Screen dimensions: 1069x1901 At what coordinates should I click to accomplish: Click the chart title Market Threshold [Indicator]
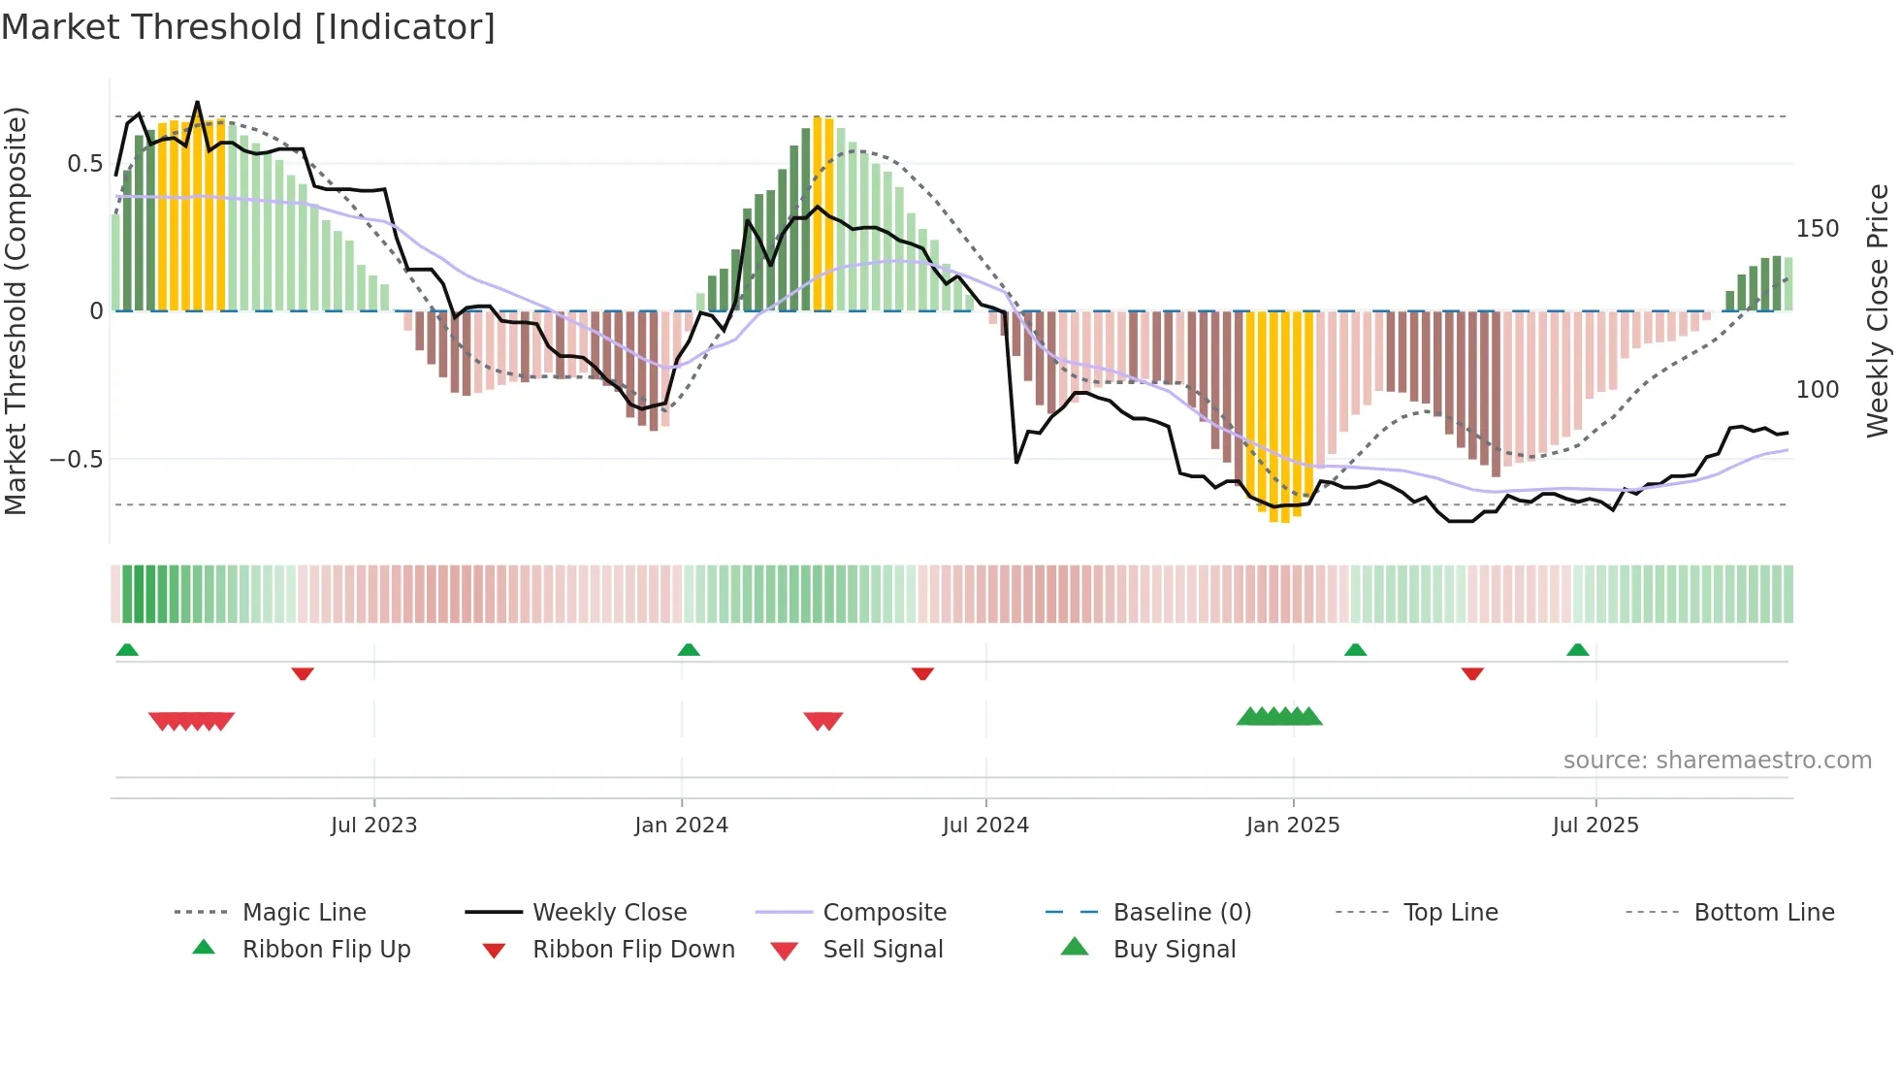pyautogui.click(x=248, y=27)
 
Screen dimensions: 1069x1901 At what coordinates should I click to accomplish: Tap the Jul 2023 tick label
pyautogui.click(x=373, y=826)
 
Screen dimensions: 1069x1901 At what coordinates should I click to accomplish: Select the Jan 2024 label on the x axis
pyautogui.click(x=681, y=826)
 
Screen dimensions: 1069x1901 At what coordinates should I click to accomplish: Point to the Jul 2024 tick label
pyautogui.click(x=985, y=826)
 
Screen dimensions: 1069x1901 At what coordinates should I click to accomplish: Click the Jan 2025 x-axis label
pyautogui.click(x=1293, y=826)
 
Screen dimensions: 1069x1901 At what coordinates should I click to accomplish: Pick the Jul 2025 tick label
pyautogui.click(x=1595, y=826)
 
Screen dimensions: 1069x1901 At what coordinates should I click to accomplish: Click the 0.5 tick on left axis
pyautogui.click(x=84, y=164)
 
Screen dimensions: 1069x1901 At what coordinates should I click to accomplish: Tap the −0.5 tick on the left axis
pyautogui.click(x=76, y=459)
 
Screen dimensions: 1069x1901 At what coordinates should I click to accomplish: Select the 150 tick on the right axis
pyautogui.click(x=1818, y=229)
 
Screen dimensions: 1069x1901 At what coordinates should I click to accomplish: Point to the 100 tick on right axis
pyautogui.click(x=1818, y=390)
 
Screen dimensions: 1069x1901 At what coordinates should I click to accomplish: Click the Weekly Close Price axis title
pyautogui.click(x=1878, y=310)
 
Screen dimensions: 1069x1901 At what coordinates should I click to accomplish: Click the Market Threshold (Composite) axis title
pyautogui.click(x=16, y=310)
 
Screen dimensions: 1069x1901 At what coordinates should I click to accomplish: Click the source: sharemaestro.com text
pyautogui.click(x=1717, y=761)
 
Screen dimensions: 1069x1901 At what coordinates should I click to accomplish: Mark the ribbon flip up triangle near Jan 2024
pyautogui.click(x=689, y=650)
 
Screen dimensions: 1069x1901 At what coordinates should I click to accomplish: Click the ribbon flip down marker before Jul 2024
pyautogui.click(x=922, y=673)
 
